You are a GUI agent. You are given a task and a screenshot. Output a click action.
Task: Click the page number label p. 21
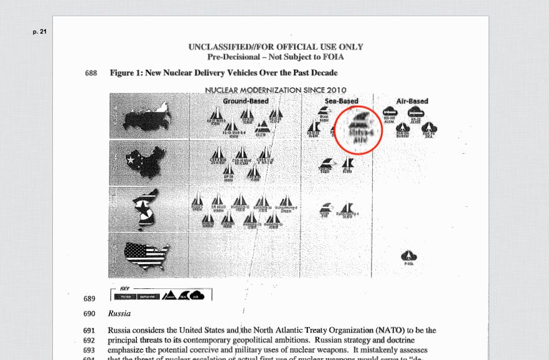(39, 31)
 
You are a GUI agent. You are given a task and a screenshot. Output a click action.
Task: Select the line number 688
(91, 73)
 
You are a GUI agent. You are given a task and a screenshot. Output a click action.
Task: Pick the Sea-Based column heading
(341, 101)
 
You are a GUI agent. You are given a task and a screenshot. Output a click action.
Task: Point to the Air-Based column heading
(412, 101)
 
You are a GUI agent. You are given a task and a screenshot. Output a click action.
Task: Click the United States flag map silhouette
(147, 253)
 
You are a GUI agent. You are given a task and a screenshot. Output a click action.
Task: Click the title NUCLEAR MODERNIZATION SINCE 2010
(275, 90)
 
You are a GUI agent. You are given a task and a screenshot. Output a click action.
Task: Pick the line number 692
(89, 341)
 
